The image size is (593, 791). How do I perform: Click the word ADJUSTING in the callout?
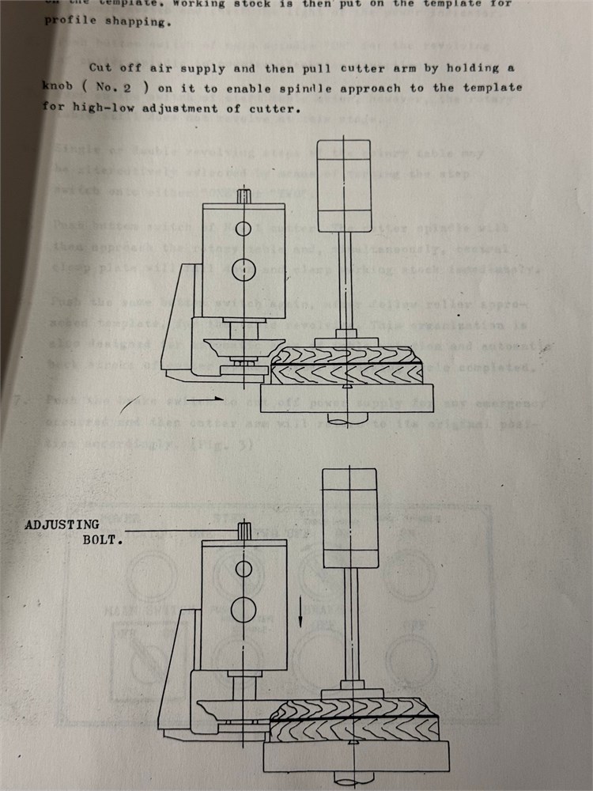(62, 524)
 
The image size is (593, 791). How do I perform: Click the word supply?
(205, 68)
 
